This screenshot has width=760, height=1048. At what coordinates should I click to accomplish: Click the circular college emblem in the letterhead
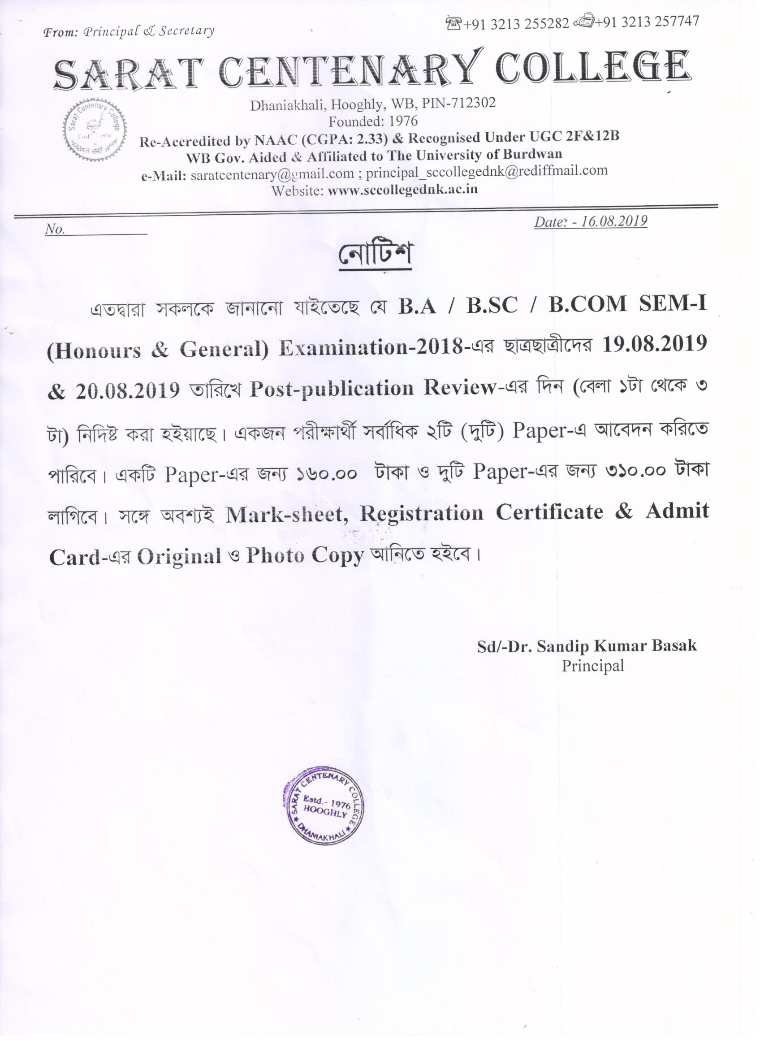pyautogui.click(x=95, y=131)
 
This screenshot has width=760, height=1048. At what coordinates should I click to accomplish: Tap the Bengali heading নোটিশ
pyautogui.click(x=375, y=255)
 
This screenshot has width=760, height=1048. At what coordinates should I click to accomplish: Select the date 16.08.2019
pyautogui.click(x=614, y=221)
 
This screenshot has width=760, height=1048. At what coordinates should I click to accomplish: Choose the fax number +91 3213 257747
pyautogui.click(x=646, y=21)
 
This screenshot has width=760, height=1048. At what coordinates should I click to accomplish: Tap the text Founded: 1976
pyautogui.click(x=373, y=121)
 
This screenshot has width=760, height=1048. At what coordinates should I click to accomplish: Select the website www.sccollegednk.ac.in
pyautogui.click(x=402, y=190)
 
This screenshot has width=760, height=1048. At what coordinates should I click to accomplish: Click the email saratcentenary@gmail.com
pyautogui.click(x=272, y=175)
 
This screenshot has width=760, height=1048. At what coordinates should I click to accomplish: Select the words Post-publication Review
pyautogui.click(x=372, y=389)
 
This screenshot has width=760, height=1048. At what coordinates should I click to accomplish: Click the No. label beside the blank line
pyautogui.click(x=55, y=230)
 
